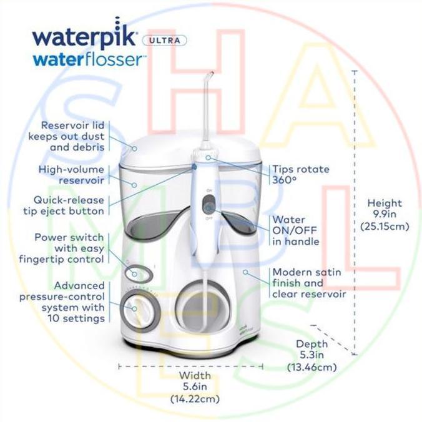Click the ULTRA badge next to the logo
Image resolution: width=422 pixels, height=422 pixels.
tap(164, 41)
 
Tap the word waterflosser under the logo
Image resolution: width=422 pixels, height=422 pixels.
tap(89, 60)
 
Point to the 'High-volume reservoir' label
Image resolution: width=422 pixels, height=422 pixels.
tap(71, 175)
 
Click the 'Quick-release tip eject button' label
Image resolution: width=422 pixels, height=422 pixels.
tap(64, 205)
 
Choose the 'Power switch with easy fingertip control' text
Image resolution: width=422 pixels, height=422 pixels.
tap(61, 248)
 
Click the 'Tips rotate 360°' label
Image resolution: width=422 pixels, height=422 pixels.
tap(301, 174)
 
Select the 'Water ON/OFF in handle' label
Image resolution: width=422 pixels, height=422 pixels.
tap(295, 230)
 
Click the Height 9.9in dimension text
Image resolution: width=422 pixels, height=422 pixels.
tap(385, 215)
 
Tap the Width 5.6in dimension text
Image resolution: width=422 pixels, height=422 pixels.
tap(195, 387)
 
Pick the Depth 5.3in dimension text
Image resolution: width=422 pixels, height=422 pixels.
tap(312, 355)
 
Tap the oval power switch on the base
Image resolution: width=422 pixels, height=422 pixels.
tap(139, 274)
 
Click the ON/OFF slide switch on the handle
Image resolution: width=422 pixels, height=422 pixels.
tap(209, 204)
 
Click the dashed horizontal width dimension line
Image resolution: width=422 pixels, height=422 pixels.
tap(190, 366)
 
